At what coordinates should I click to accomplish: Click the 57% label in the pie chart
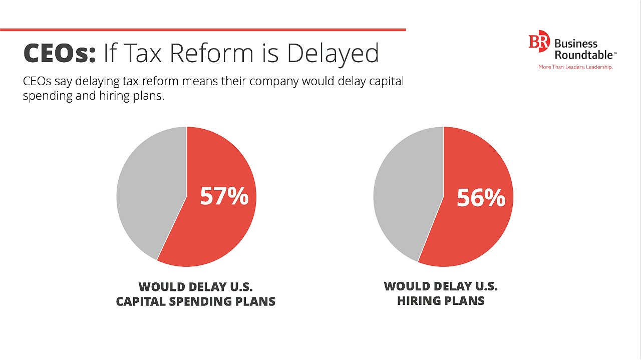[224, 196]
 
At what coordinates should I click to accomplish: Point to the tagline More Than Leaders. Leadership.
[575, 67]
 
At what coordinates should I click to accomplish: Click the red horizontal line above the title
[203, 30]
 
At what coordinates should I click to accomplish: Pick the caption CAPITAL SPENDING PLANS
[196, 301]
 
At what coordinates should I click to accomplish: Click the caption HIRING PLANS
[441, 300]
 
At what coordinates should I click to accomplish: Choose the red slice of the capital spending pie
[215, 230]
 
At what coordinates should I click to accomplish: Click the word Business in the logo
[576, 44]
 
